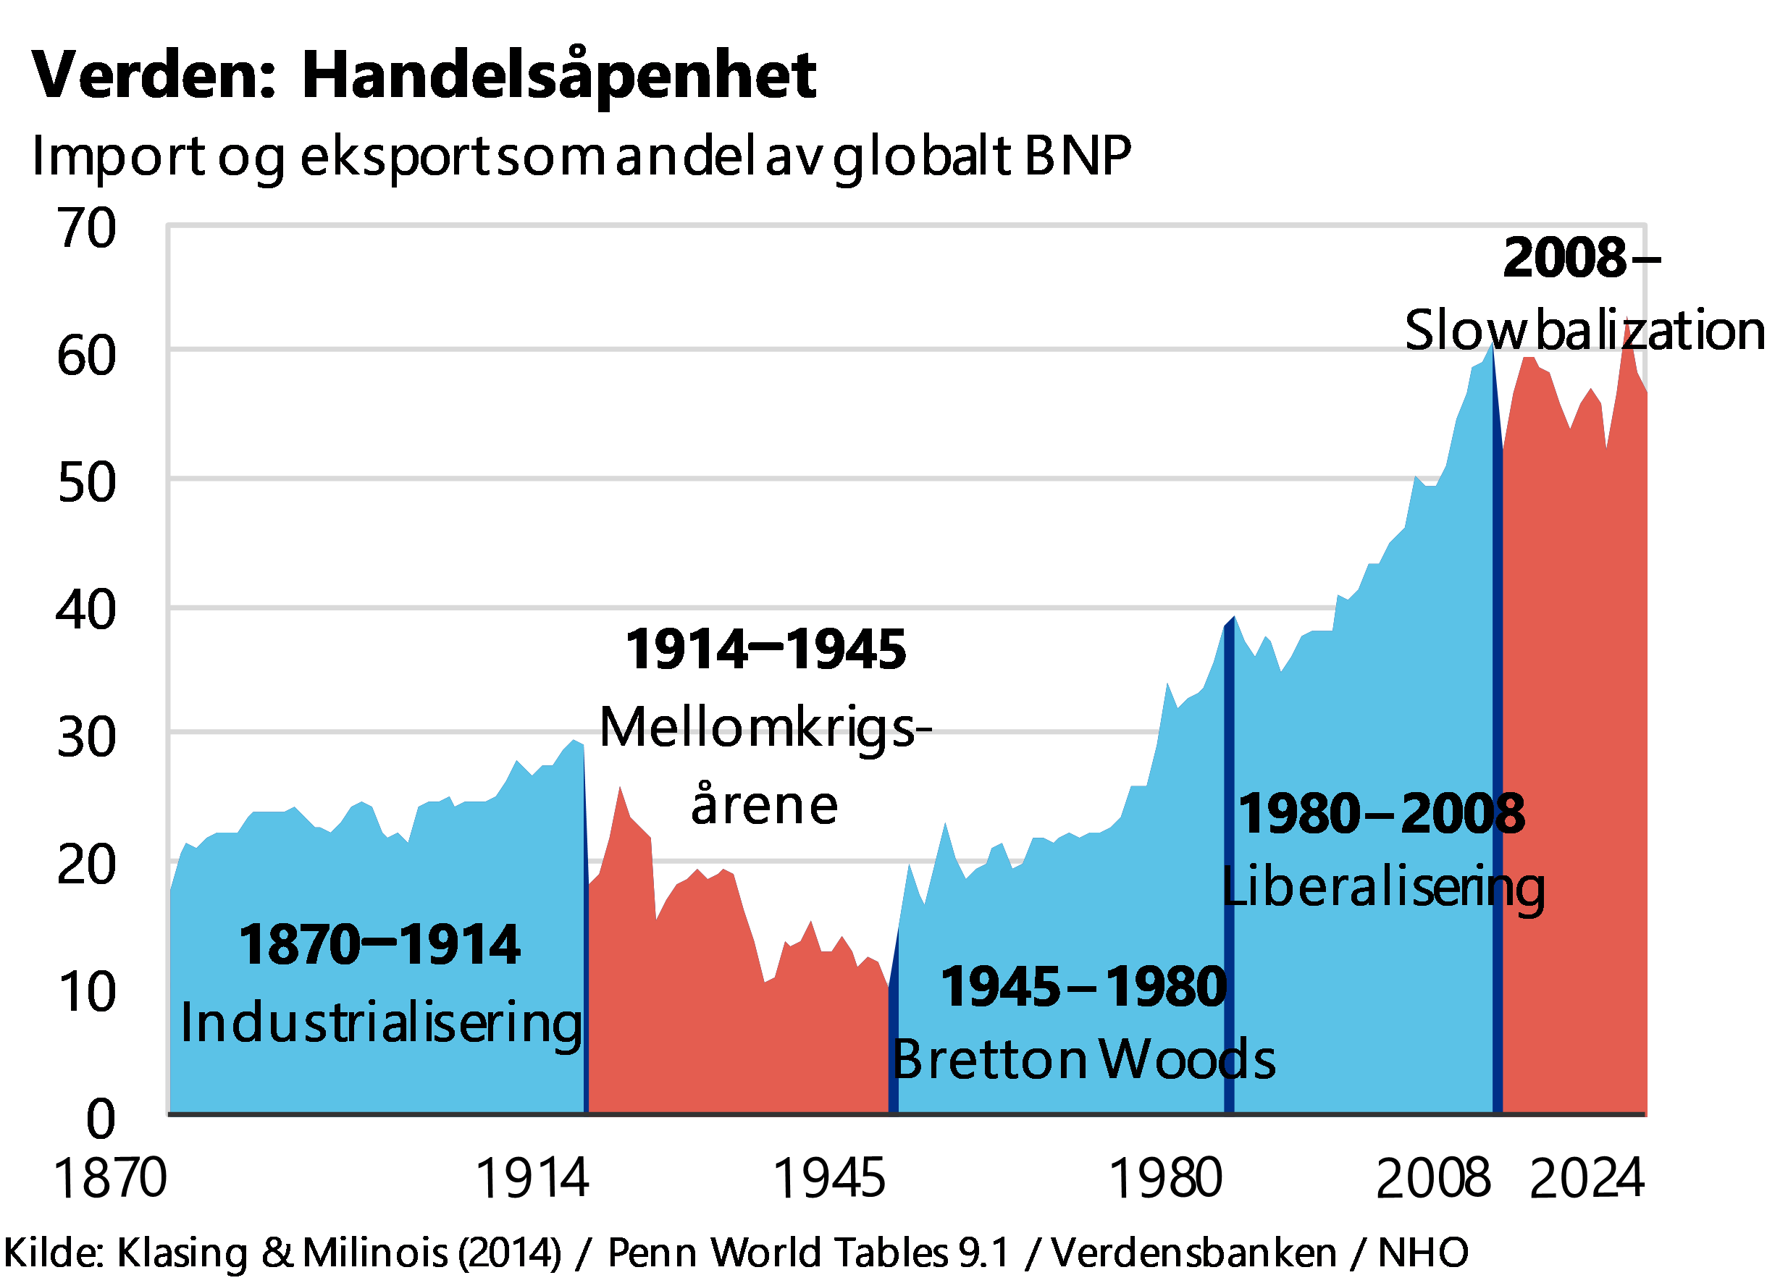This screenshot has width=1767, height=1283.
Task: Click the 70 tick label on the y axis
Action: (x=87, y=228)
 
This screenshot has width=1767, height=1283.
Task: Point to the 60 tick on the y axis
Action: (x=87, y=356)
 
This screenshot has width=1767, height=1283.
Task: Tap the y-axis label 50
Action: (x=87, y=482)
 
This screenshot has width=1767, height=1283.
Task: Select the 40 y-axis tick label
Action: (x=87, y=609)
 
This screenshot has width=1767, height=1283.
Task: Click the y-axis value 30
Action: (x=87, y=737)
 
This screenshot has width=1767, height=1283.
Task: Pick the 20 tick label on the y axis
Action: (x=87, y=864)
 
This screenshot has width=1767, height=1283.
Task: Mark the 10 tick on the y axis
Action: (x=87, y=992)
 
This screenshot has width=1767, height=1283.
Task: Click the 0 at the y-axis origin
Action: (x=101, y=1119)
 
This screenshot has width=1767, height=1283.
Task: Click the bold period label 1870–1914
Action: (x=379, y=945)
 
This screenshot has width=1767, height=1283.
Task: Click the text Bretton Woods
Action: (x=1083, y=1059)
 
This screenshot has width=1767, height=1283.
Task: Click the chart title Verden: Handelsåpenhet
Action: (x=424, y=76)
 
